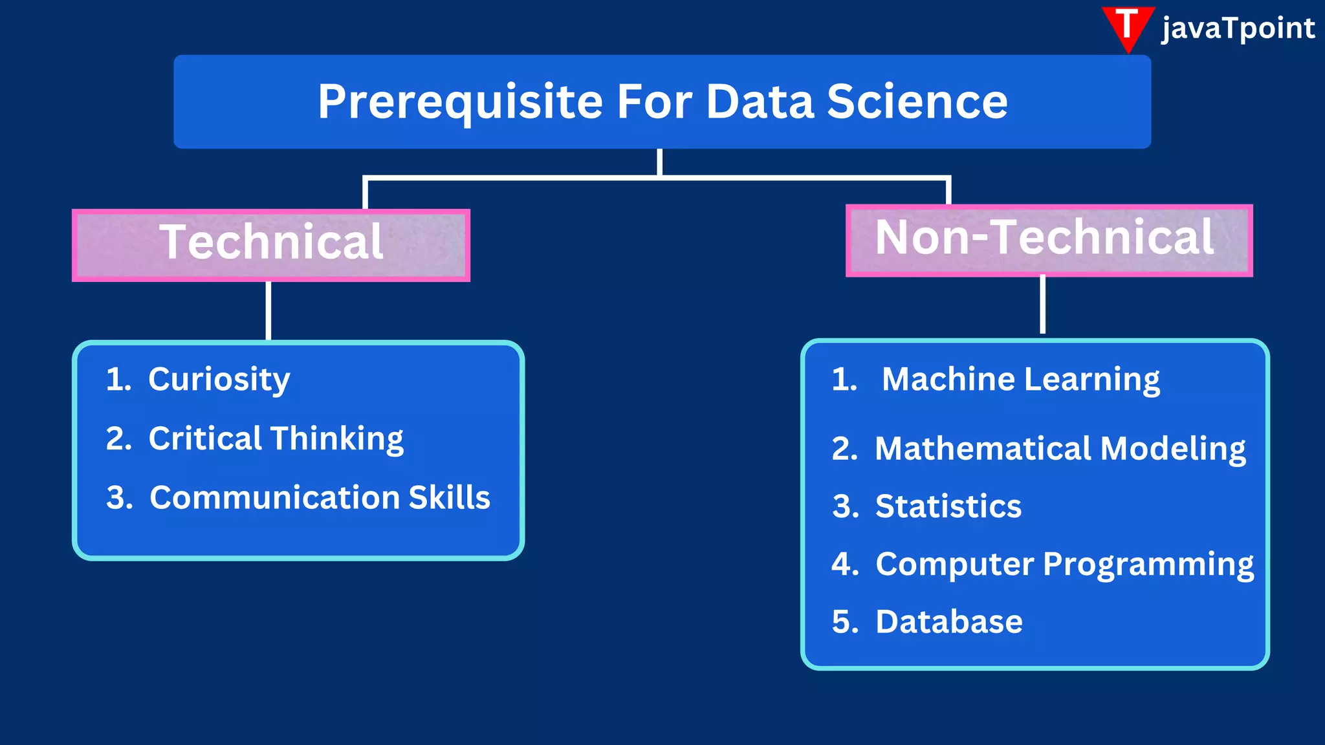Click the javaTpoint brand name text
(1238, 28)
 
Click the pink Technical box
(271, 244)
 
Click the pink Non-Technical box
(1049, 240)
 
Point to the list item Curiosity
(219, 379)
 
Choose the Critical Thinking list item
(276, 438)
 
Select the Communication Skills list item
(320, 497)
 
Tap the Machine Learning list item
(1020, 379)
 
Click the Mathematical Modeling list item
(1060, 448)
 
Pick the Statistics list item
(948, 506)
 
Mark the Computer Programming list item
(1064, 564)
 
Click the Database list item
(948, 621)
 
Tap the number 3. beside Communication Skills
(119, 497)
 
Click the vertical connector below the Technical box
(268, 310)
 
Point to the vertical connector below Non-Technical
(1042, 304)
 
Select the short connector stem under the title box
(659, 162)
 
